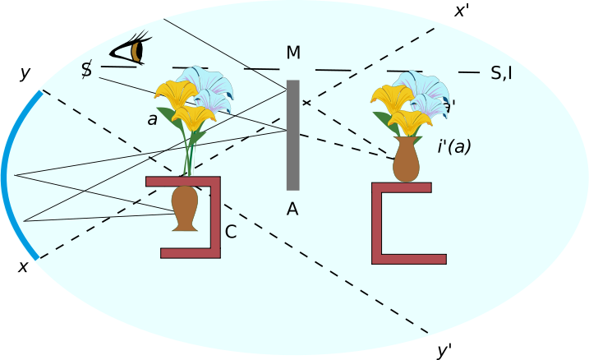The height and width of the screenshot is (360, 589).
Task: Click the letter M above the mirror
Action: pyautogui.click(x=293, y=53)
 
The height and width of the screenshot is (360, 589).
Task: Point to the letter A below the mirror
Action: pyautogui.click(x=292, y=210)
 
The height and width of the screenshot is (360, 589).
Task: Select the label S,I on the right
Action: pyautogui.click(x=501, y=73)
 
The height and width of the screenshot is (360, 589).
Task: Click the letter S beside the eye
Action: pyautogui.click(x=86, y=70)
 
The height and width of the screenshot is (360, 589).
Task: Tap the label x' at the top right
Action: pyautogui.click(x=462, y=12)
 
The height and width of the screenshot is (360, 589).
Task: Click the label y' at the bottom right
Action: pyautogui.click(x=444, y=351)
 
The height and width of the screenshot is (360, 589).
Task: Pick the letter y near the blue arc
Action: pyautogui.click(x=25, y=74)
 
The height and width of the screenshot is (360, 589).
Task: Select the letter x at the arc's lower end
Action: pyautogui.click(x=23, y=266)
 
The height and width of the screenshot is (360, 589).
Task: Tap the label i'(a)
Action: pyautogui.click(x=454, y=147)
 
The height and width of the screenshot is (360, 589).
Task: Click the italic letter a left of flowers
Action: pyautogui.click(x=152, y=119)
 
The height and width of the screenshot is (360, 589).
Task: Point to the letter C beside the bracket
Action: pyautogui.click(x=231, y=233)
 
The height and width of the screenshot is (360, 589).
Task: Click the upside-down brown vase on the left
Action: pyautogui.click(x=185, y=207)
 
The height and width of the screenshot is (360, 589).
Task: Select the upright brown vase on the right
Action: pyautogui.click(x=406, y=159)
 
